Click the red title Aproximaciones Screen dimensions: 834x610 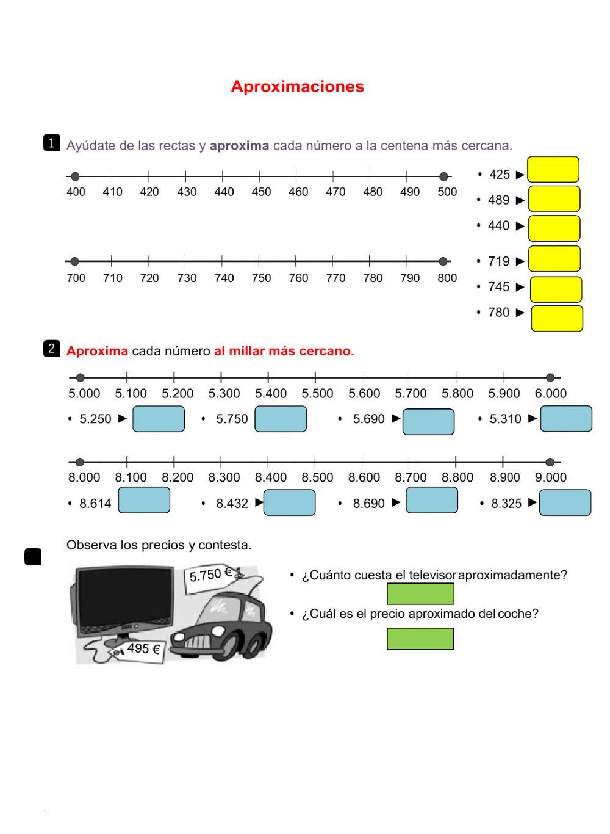click(x=297, y=87)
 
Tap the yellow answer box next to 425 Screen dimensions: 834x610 click(x=553, y=170)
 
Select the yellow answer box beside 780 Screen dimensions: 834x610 click(x=556, y=319)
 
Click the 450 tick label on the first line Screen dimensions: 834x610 click(x=261, y=192)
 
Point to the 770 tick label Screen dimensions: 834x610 click(x=335, y=278)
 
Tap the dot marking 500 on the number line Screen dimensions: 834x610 click(x=443, y=177)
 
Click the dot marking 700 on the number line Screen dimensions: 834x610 click(x=74, y=261)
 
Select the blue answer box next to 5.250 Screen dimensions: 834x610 click(x=158, y=419)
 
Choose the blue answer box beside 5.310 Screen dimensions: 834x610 click(x=566, y=419)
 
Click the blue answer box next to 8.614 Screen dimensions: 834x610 click(x=144, y=500)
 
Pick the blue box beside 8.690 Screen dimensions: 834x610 click(x=432, y=500)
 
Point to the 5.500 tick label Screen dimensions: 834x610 click(x=317, y=394)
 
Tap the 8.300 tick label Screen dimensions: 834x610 click(x=224, y=477)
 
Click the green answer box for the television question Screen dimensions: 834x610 click(x=420, y=593)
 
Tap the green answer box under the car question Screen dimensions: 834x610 click(x=420, y=639)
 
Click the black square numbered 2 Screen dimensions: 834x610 click(x=51, y=349)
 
